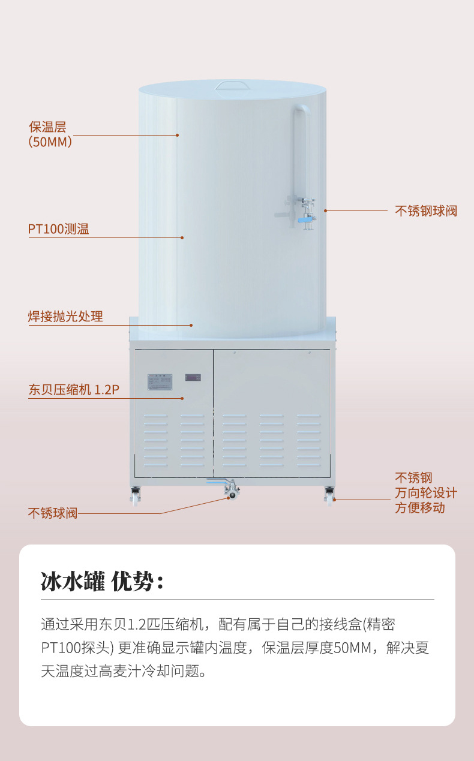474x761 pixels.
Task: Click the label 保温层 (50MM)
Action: click(x=50, y=134)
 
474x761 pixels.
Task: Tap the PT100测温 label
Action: click(x=58, y=229)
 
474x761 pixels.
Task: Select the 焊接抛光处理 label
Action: click(x=65, y=316)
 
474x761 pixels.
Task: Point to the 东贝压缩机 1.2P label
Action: click(x=74, y=390)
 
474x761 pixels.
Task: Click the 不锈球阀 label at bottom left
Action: click(x=53, y=513)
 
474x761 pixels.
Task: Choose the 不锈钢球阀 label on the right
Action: click(x=426, y=211)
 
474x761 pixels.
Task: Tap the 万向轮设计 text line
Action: click(x=426, y=493)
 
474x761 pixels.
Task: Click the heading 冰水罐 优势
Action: click(x=103, y=581)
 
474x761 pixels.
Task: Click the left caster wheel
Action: click(x=136, y=495)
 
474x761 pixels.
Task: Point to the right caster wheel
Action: click(x=329, y=495)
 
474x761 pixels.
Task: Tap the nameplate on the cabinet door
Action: click(x=160, y=382)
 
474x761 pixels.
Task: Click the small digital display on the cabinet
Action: click(x=193, y=377)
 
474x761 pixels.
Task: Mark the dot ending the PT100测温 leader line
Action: click(x=182, y=238)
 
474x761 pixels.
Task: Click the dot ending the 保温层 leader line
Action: click(x=177, y=135)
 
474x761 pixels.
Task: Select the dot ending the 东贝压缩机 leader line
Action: click(x=182, y=398)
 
